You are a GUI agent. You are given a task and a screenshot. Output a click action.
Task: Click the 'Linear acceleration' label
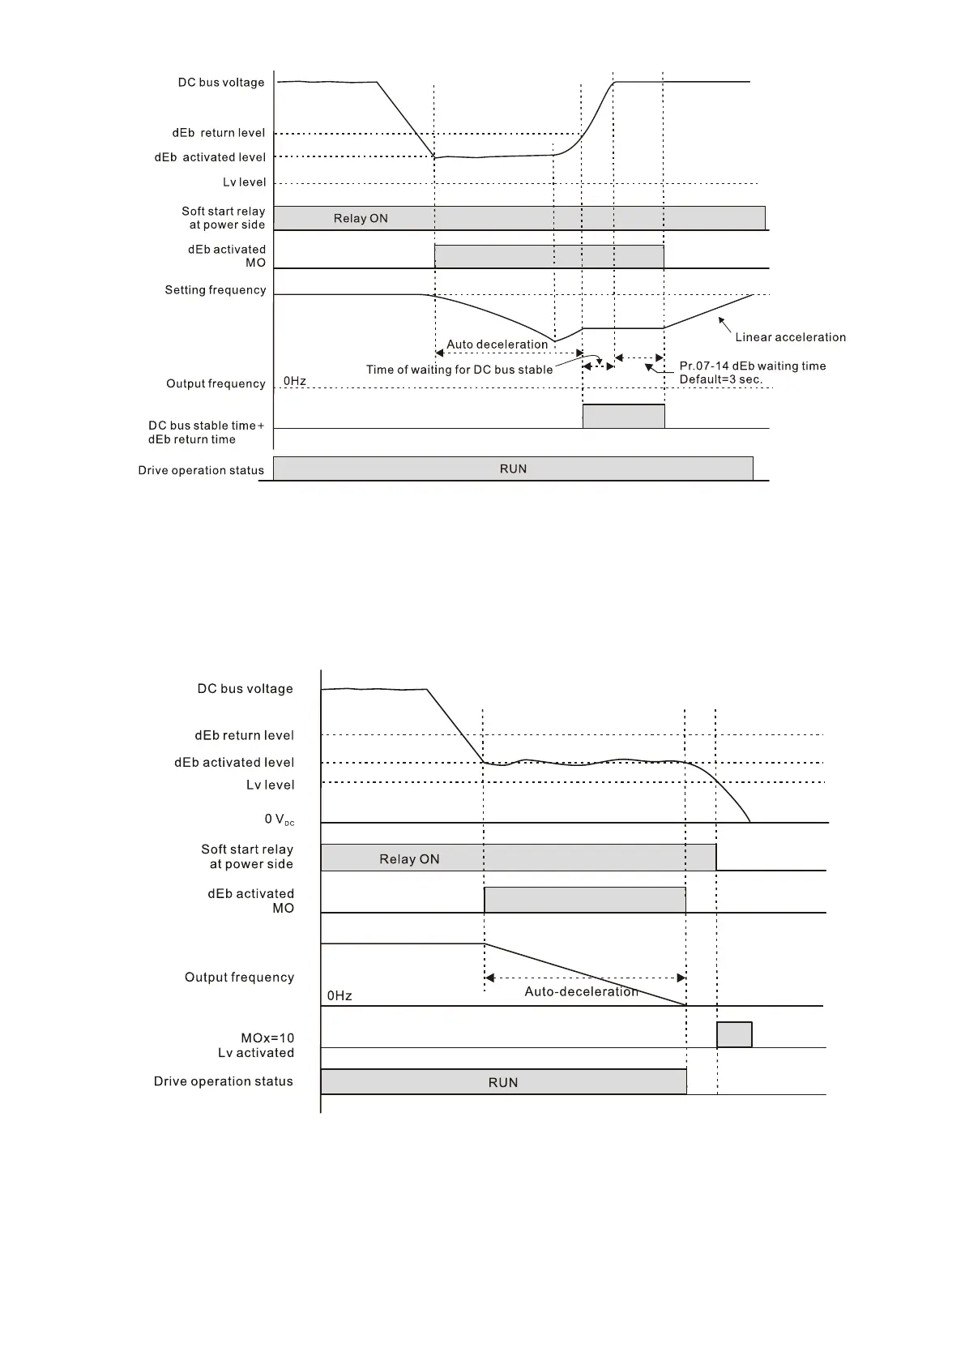point(790,337)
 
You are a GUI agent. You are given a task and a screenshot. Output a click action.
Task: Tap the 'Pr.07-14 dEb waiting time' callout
point(752,366)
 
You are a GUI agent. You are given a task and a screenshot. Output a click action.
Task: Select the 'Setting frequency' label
point(216,290)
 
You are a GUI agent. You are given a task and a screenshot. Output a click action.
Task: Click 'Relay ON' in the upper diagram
point(361,219)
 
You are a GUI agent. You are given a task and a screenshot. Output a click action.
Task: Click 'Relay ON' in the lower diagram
point(409,859)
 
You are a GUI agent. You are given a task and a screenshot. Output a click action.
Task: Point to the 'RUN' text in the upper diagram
point(513,469)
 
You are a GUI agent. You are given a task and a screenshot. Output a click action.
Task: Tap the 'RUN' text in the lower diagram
point(503,1083)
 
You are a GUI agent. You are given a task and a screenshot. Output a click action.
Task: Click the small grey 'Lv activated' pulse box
point(734,1035)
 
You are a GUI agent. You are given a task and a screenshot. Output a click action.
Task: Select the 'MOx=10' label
point(267,1038)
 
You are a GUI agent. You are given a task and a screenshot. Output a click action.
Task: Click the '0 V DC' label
point(279,819)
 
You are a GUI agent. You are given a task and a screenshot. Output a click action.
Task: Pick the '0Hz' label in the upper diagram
point(295,381)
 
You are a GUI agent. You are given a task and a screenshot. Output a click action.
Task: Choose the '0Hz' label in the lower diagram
point(339,996)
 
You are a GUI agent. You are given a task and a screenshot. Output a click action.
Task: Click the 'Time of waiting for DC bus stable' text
point(459,370)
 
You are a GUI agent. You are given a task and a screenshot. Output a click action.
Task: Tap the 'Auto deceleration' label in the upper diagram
point(497,344)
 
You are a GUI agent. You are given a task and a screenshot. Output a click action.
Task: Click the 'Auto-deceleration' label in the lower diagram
point(581,992)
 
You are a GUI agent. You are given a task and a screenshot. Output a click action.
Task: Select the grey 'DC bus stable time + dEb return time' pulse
point(623,417)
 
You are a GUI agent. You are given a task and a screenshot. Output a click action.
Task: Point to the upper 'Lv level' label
point(244,182)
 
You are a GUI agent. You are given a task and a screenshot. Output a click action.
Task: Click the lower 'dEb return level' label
point(244,736)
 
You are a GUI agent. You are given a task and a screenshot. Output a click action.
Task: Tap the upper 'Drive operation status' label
point(201,470)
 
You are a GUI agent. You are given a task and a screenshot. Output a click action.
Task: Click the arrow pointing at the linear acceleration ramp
point(725,325)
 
